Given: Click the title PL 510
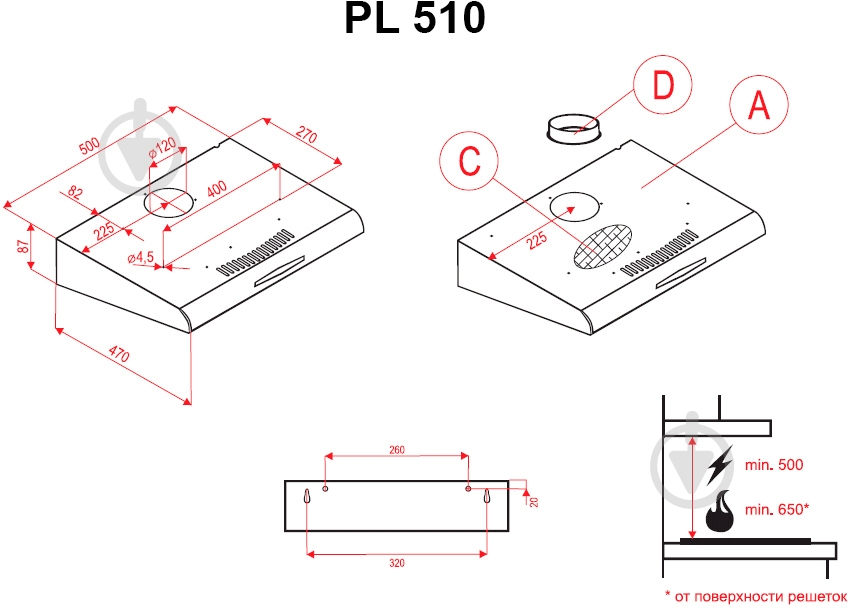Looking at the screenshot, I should pyautogui.click(x=415, y=19).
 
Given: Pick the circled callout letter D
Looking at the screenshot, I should pyautogui.click(x=662, y=86).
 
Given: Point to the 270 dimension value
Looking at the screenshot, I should pyautogui.click(x=306, y=135).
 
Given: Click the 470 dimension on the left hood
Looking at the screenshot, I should pyautogui.click(x=119, y=353).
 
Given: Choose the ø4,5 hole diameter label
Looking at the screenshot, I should pyautogui.click(x=141, y=258).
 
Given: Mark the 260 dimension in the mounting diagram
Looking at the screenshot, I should pyautogui.click(x=396, y=450).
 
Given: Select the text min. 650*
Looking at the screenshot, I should pyautogui.click(x=776, y=510).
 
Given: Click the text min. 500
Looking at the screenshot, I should pyautogui.click(x=774, y=465).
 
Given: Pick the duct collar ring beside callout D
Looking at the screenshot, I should pyautogui.click(x=573, y=128).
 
